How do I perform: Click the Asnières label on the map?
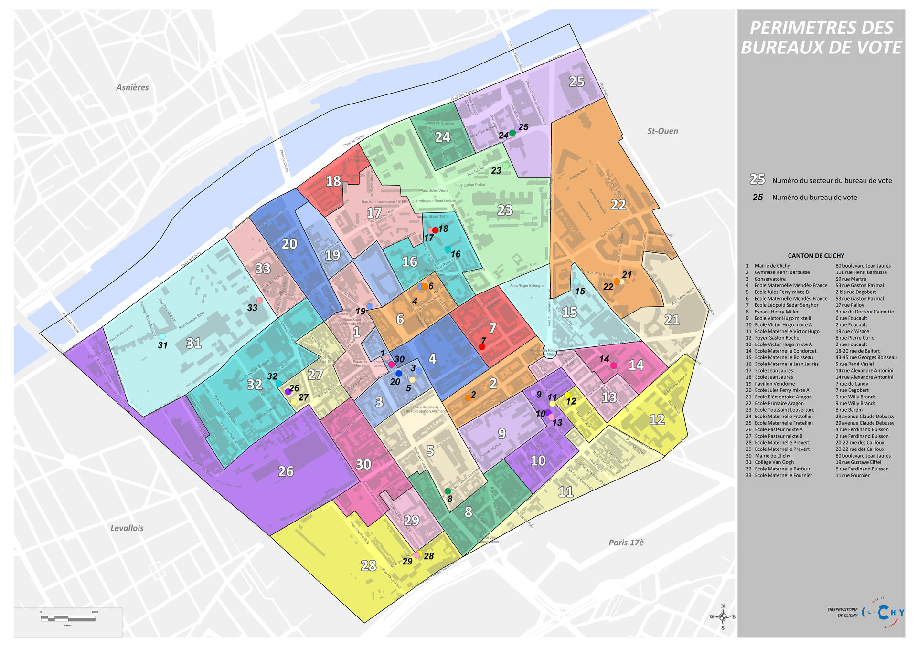[x=132, y=87]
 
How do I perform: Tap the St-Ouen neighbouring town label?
[x=662, y=131]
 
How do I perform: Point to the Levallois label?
[x=127, y=528]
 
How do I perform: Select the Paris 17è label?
[x=626, y=543]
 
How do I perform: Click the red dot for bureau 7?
[x=482, y=347]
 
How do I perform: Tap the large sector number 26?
[x=286, y=471]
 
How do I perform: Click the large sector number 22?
[x=618, y=205]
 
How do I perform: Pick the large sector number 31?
[x=193, y=343]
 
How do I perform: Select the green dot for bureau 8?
[x=448, y=491]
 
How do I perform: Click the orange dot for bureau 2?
[x=468, y=398]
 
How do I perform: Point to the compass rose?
[x=723, y=617]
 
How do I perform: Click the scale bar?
[x=68, y=618]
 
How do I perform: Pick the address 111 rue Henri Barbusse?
[x=861, y=272]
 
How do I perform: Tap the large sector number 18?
[x=333, y=181]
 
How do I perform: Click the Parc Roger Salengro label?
[x=526, y=286]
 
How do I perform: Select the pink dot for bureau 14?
[x=614, y=365]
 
